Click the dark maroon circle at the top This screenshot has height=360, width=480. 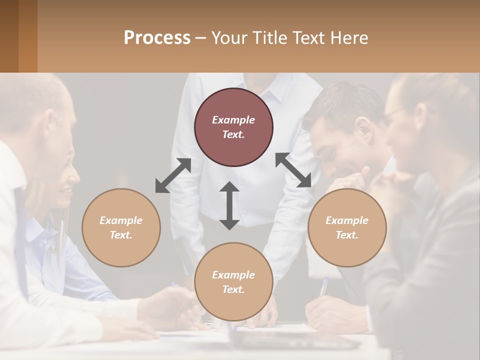(x=233, y=127)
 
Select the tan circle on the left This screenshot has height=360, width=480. (x=121, y=227)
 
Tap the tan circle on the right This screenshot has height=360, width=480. (x=347, y=227)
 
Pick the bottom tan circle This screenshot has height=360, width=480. (x=233, y=282)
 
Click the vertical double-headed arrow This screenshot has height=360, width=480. (x=229, y=205)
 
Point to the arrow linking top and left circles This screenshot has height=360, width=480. (x=173, y=175)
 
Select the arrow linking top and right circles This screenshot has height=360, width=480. (x=293, y=170)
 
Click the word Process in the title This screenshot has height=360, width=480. (x=157, y=37)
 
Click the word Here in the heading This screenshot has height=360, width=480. (x=348, y=37)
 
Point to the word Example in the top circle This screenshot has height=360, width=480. (x=233, y=120)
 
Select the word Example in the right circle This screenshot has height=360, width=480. (x=347, y=220)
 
